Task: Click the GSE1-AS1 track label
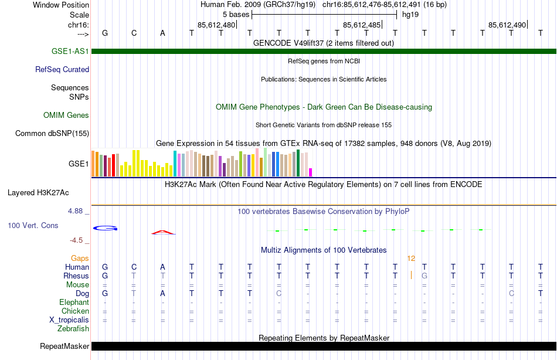click(x=70, y=51)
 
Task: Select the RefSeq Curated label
click(x=62, y=69)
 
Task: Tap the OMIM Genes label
click(x=66, y=115)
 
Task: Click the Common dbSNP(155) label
click(x=52, y=133)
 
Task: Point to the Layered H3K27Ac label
click(x=38, y=192)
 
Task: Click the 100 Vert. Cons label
click(x=33, y=225)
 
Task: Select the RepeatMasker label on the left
click(x=64, y=346)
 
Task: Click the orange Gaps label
click(x=80, y=258)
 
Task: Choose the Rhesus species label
click(x=76, y=276)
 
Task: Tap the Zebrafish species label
click(x=74, y=328)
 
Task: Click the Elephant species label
click(x=74, y=302)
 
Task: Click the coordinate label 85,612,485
click(x=362, y=25)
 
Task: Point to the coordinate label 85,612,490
click(x=507, y=25)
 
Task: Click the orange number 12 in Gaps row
click(x=411, y=258)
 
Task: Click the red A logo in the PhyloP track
click(x=163, y=232)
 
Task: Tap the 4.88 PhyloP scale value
click(x=76, y=210)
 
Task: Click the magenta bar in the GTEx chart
click(x=310, y=172)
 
